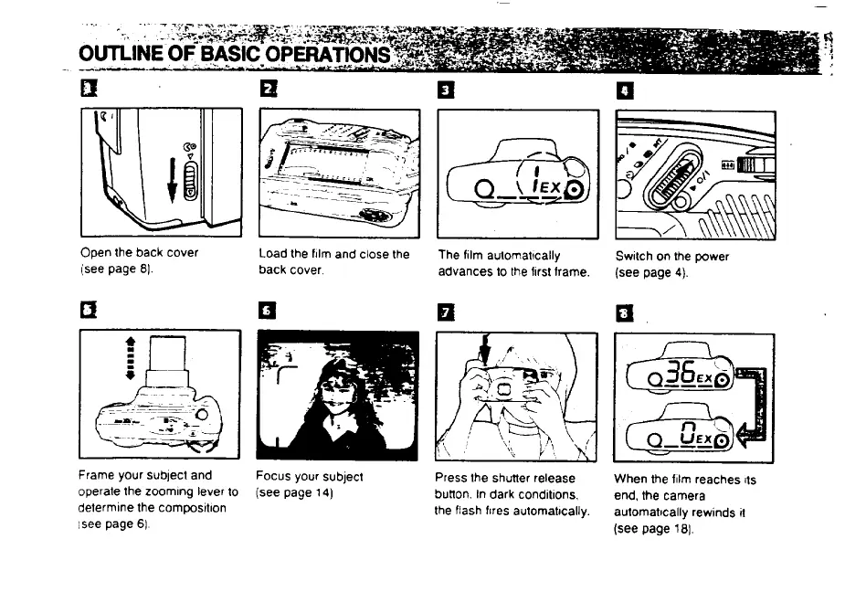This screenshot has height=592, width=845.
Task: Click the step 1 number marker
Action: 88,90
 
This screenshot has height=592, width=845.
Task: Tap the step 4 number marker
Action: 624,90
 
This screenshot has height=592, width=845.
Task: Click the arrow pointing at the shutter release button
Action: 484,349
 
